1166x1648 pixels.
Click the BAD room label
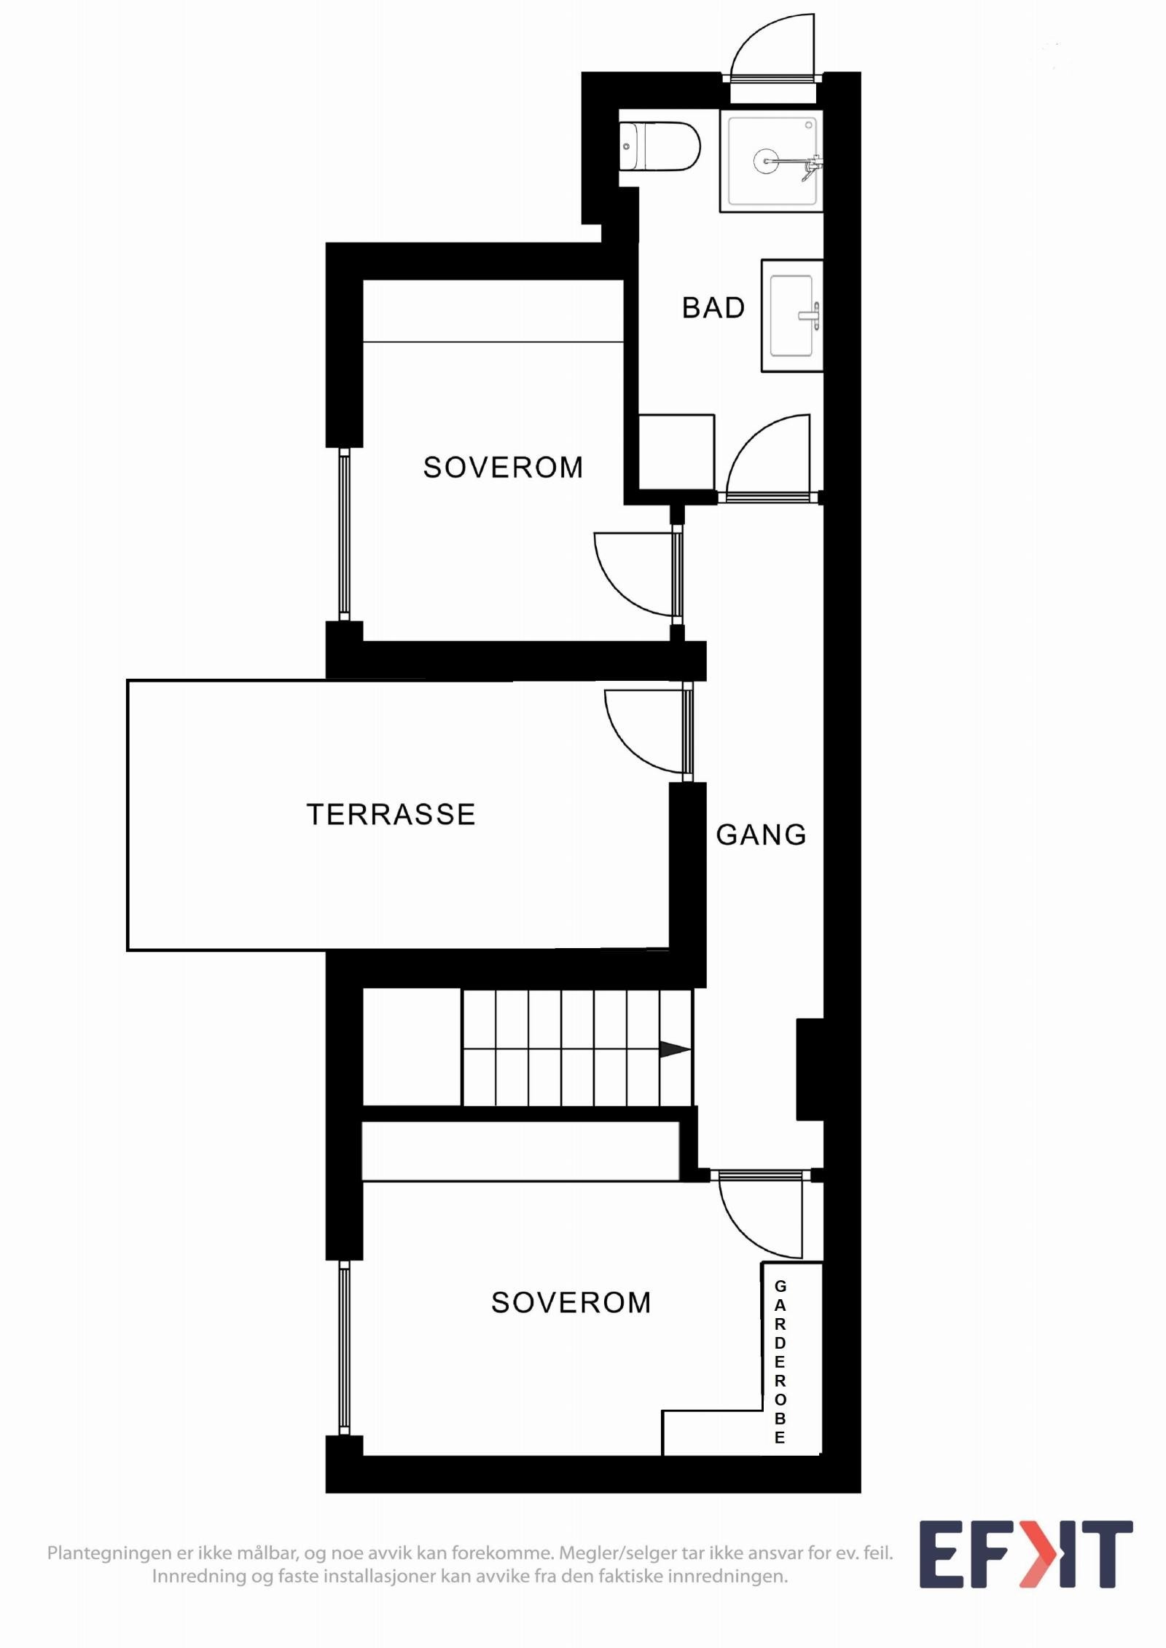[x=713, y=308]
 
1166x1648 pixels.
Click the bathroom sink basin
[x=791, y=316]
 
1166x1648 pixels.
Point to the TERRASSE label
[x=391, y=814]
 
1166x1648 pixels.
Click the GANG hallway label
[x=761, y=835]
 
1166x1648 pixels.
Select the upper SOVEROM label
[x=503, y=468]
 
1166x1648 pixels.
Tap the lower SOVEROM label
[x=571, y=1303]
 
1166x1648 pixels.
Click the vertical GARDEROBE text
[x=780, y=1362]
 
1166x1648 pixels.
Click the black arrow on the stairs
[x=674, y=1049]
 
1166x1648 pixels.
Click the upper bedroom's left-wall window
[x=344, y=534]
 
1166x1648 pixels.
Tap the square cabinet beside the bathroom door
[x=676, y=452]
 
